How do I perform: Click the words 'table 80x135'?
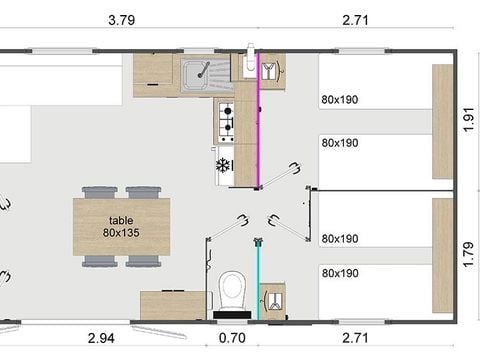[121, 226]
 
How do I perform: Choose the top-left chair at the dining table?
[100, 192]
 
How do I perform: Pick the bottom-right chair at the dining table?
[143, 261]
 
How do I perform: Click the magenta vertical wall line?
[259, 130]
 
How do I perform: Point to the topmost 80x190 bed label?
[340, 99]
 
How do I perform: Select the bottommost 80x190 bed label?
[340, 272]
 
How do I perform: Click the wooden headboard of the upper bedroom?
[441, 120]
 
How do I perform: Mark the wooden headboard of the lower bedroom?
[441, 255]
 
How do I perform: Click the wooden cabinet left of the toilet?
[174, 304]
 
